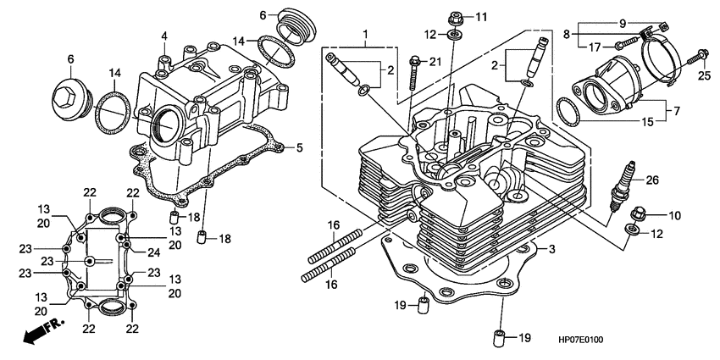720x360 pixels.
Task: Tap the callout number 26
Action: (x=651, y=180)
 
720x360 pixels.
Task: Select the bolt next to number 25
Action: (x=700, y=57)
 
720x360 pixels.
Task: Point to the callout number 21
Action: (x=435, y=62)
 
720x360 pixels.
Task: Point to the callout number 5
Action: (x=299, y=148)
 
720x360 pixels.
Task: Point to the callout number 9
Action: (x=646, y=23)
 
